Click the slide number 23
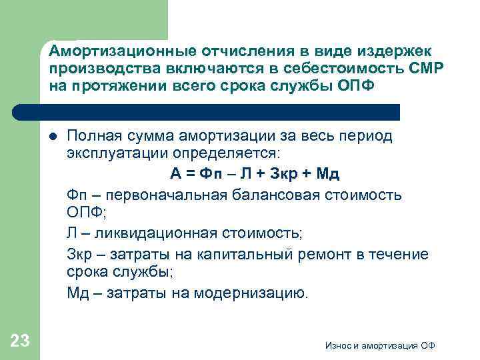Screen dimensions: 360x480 (x=21, y=341)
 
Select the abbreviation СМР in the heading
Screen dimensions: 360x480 (x=416, y=69)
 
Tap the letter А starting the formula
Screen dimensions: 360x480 (x=175, y=175)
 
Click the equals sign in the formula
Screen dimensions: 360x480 (x=191, y=175)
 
